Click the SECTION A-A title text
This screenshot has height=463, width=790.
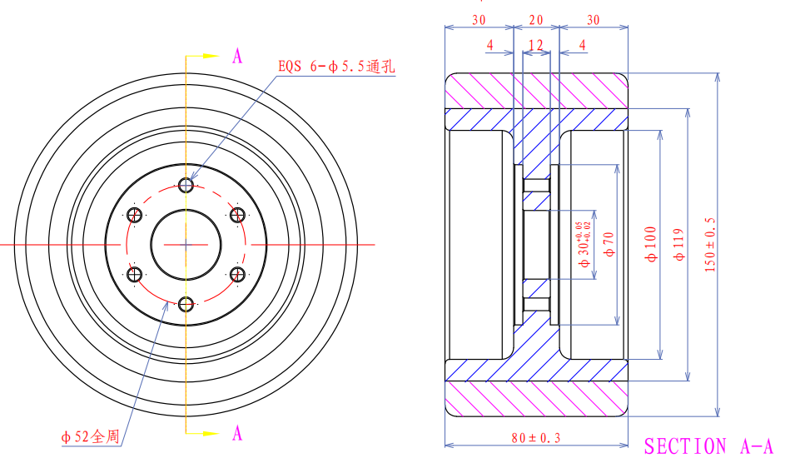(x=709, y=446)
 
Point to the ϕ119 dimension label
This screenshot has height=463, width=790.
(x=679, y=245)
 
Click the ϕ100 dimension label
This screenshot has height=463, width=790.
(x=650, y=245)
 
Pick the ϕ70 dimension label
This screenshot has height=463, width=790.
(x=608, y=245)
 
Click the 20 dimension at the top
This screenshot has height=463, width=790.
(x=535, y=20)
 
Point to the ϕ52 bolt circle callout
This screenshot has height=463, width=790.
(x=90, y=436)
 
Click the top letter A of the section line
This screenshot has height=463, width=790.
(x=237, y=57)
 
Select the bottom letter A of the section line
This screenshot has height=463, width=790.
(x=237, y=433)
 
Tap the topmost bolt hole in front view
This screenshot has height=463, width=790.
(x=186, y=184)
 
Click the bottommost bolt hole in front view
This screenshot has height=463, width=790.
(x=186, y=304)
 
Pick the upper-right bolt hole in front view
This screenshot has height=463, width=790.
(x=237, y=215)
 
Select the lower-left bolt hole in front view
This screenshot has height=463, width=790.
(x=134, y=274)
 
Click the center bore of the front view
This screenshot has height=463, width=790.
(x=186, y=244)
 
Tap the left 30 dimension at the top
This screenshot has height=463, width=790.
(x=479, y=20)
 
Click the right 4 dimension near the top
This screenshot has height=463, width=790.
(x=582, y=44)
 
